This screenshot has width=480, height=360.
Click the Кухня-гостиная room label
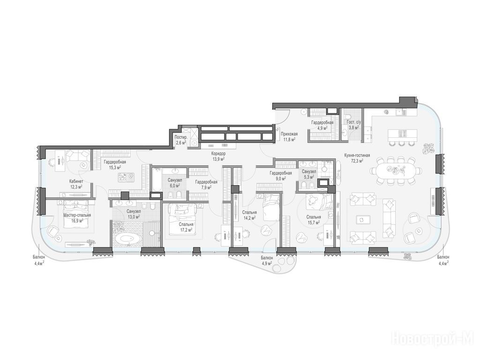pyautogui.click(x=357, y=155)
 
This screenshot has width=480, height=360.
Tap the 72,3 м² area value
pyautogui.click(x=357, y=160)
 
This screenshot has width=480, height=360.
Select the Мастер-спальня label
pyautogui.click(x=77, y=215)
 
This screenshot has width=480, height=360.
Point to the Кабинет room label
pyautogui.click(x=76, y=181)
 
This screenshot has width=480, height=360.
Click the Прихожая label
pyautogui.click(x=289, y=134)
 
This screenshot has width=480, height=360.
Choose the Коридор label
pyautogui.click(x=218, y=154)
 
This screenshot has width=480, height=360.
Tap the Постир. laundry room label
pyautogui.click(x=180, y=137)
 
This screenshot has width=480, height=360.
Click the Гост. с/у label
pyautogui.click(x=353, y=122)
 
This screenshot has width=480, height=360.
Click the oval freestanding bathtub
pyautogui.click(x=129, y=239)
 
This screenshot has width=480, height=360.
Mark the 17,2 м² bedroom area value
pyautogui.click(x=186, y=230)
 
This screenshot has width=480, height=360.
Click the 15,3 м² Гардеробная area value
pyautogui.click(x=115, y=167)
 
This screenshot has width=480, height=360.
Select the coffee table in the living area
pyautogui.click(x=361, y=220)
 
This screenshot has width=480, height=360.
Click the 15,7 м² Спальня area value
pyautogui.click(x=314, y=223)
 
